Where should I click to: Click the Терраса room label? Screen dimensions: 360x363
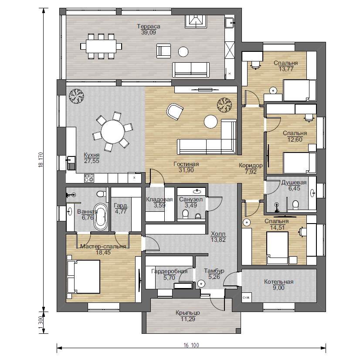coord(148,27)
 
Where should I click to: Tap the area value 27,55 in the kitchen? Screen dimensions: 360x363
coord(92,161)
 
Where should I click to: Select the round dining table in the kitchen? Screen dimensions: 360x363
coord(113,132)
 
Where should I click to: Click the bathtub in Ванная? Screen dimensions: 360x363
coord(101,217)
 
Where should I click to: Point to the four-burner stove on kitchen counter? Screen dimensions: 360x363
coord(89,178)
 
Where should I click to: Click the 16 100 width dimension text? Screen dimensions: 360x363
coord(191,345)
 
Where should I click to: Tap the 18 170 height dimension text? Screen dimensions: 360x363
coord(41,160)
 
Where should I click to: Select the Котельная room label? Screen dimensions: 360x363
coord(279,282)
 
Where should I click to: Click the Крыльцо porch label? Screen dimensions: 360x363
coord(188,313)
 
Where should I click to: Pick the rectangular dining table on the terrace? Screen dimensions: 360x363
coord(101,46)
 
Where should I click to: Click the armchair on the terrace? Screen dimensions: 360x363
coord(164,51)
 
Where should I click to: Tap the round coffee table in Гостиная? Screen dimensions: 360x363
coord(211,122)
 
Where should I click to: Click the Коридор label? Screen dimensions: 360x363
coord(251,166)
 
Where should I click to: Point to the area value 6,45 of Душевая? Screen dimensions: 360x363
coord(294,188)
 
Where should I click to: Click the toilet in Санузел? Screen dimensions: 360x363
coord(185,214)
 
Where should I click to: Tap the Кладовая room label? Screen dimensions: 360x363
coord(159,199)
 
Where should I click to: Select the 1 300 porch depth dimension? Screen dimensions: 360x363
coord(41,322)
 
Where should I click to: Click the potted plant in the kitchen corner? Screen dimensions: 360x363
coord(76,96)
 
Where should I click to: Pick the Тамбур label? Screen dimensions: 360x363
coord(214,271)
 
